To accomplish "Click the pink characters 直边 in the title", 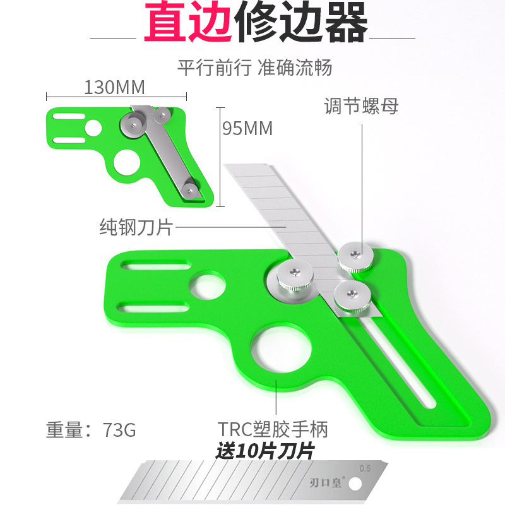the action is click(187, 24).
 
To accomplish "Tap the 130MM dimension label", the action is click(114, 86).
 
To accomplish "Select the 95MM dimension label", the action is click(247, 128).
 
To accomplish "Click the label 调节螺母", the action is click(361, 105).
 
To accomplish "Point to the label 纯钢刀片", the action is click(136, 227).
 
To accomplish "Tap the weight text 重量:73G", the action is click(91, 430).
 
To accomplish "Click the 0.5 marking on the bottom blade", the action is click(365, 468).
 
